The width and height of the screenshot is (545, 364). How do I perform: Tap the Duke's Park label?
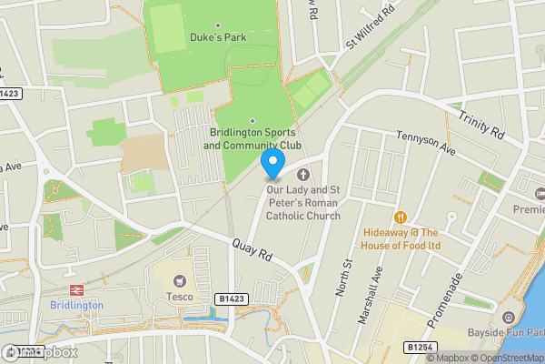pos(217,38)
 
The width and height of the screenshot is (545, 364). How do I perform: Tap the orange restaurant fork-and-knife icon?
pos(400,217)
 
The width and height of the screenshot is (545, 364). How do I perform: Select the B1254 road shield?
pos(418,347)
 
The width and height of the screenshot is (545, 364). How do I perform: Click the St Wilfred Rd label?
pos(372,28)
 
